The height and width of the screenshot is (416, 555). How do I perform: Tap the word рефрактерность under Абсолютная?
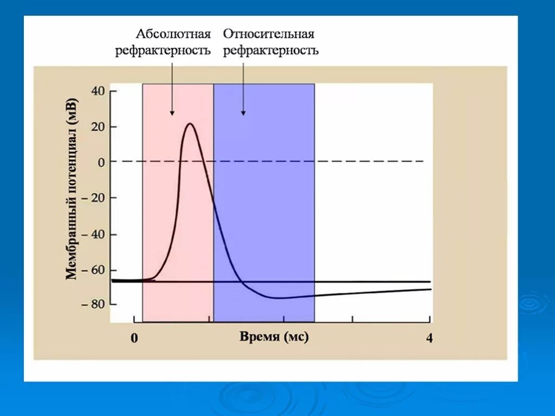point(163,51)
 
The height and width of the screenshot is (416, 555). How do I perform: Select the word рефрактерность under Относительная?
point(271,51)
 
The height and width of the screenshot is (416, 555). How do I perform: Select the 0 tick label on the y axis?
point(100,162)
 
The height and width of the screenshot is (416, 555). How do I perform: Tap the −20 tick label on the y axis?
point(93,198)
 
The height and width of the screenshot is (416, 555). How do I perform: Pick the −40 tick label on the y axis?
point(93,235)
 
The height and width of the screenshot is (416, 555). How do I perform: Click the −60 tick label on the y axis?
point(93,270)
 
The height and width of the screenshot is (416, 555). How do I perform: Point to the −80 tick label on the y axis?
point(93,304)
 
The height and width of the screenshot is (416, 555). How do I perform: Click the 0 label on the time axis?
point(134,339)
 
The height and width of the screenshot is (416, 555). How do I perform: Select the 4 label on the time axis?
point(429,339)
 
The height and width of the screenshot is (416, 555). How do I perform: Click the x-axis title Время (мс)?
point(274,337)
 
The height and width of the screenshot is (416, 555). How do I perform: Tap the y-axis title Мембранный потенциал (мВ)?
point(72,188)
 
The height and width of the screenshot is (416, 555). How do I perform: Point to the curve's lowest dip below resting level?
point(278,298)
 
